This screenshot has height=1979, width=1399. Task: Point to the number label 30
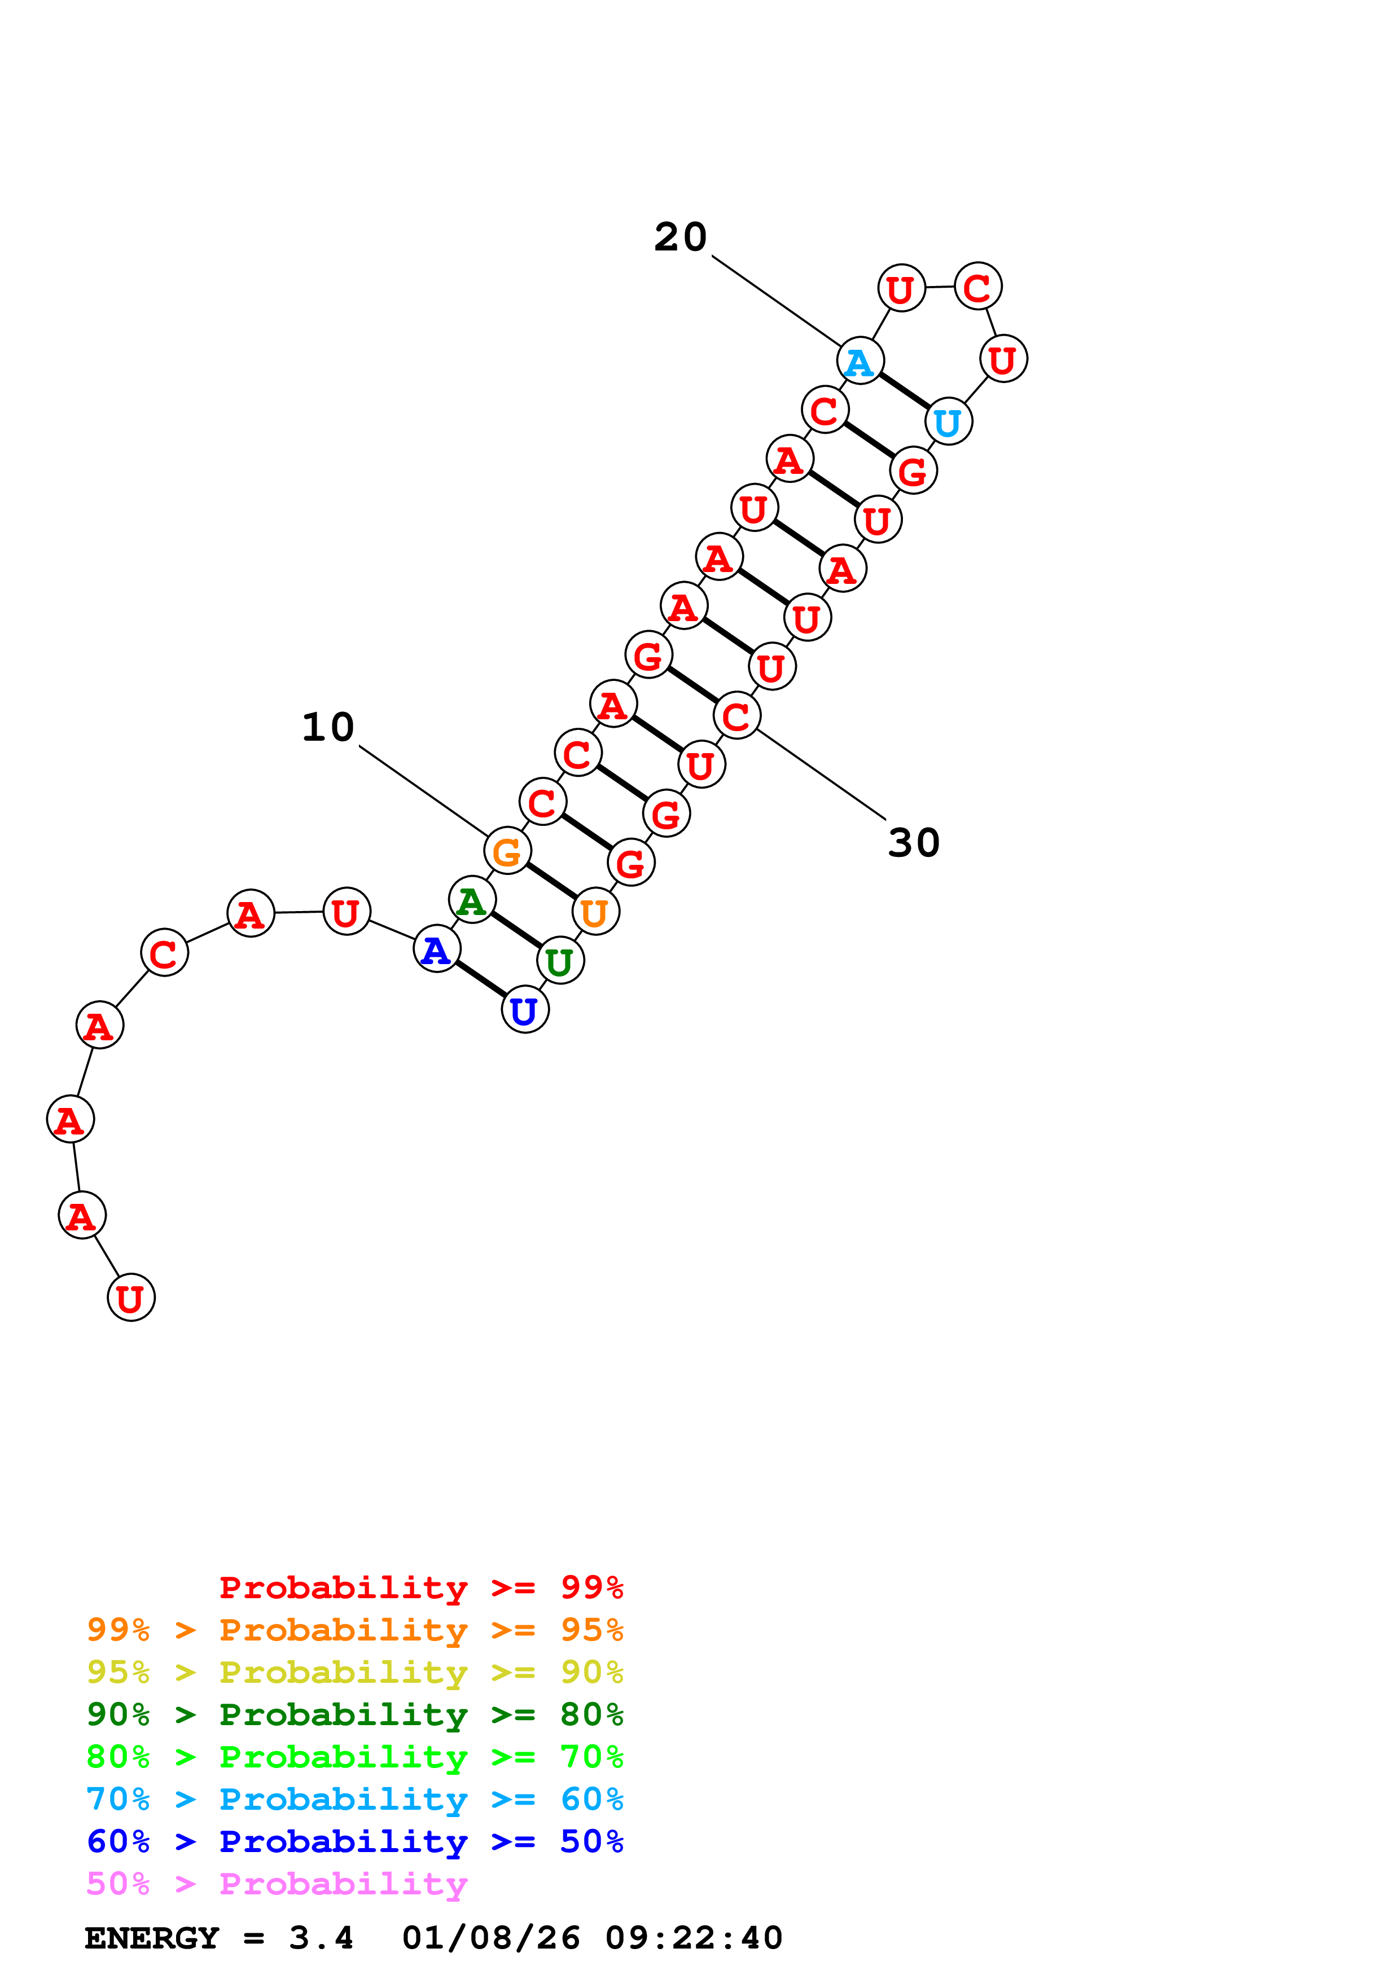click(914, 843)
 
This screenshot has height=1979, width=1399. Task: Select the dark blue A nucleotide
click(437, 949)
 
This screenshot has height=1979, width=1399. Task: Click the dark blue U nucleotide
click(525, 1010)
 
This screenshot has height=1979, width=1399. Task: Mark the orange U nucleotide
click(595, 912)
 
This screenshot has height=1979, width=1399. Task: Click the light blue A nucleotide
click(860, 361)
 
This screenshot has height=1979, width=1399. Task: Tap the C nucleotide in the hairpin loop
click(977, 287)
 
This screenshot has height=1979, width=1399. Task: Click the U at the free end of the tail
click(131, 1297)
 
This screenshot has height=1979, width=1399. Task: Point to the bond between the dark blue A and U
click(481, 980)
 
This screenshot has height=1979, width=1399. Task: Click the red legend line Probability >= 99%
click(420, 1587)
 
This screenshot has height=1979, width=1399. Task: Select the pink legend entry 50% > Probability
click(276, 1884)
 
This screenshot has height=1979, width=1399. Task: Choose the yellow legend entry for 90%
click(354, 1672)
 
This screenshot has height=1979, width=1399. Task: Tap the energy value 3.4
click(321, 1938)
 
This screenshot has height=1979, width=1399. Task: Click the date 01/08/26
click(492, 1938)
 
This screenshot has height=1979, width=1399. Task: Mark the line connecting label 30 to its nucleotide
click(821, 774)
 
